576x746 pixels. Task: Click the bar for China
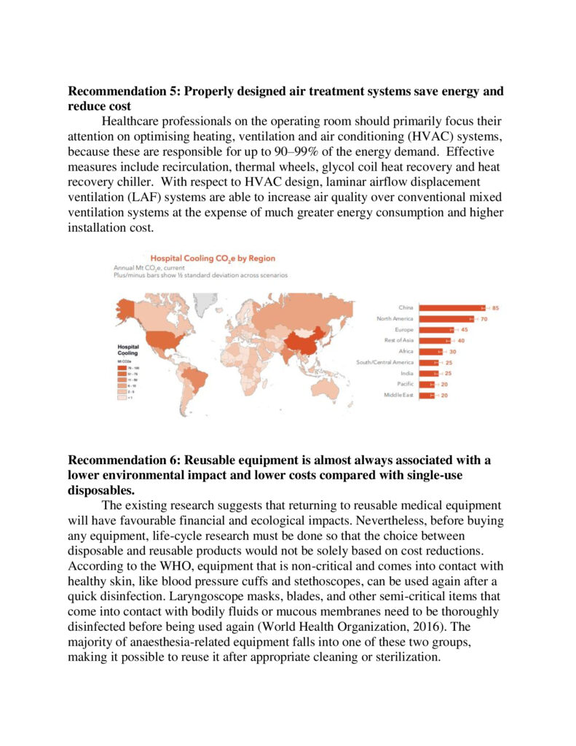(x=459, y=308)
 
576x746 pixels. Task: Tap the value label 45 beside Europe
(x=464, y=330)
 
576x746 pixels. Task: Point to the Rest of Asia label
(x=399, y=340)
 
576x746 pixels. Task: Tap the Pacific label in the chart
(x=406, y=384)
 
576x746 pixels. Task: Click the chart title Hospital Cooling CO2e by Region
(x=213, y=258)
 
